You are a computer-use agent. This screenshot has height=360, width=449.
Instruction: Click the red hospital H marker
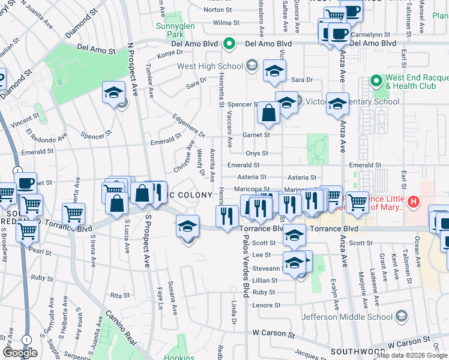[x=413, y=202]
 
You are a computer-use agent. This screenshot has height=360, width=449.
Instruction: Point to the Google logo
[x=20, y=353]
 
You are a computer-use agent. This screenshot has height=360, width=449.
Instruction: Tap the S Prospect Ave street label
[x=146, y=245]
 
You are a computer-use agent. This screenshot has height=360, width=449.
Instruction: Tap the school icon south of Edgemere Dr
[x=188, y=227]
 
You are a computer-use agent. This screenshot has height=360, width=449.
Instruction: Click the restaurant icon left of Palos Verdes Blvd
[x=226, y=216]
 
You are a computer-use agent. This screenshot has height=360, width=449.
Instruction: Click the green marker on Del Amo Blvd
[x=229, y=44]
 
